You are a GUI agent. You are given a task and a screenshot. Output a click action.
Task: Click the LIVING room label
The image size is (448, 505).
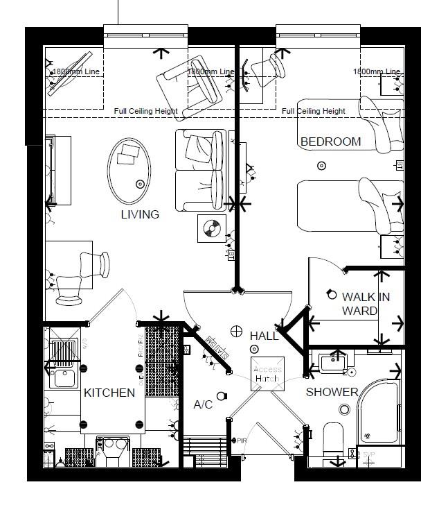click(140, 214)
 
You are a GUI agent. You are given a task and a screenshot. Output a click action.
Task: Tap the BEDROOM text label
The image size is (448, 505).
click(330, 142)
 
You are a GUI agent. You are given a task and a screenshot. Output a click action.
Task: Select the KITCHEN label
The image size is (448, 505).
click(109, 393)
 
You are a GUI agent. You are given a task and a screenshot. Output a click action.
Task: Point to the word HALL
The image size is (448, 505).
click(264, 336)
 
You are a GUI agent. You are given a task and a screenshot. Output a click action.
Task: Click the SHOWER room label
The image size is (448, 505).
click(332, 392)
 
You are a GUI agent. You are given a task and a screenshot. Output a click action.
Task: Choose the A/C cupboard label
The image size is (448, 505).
click(203, 404)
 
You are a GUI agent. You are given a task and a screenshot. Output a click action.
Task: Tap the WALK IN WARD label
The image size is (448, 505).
click(366, 304)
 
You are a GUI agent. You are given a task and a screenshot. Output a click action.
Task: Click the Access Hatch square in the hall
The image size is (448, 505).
click(267, 374)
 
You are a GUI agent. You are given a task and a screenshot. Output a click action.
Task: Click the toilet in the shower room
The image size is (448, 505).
click(334, 438)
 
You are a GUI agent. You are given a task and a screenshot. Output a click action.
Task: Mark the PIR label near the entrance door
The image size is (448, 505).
click(242, 440)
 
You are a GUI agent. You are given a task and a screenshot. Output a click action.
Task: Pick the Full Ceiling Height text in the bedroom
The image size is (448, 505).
click(314, 111)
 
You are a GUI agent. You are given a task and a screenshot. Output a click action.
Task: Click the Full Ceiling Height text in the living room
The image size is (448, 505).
click(145, 111)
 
